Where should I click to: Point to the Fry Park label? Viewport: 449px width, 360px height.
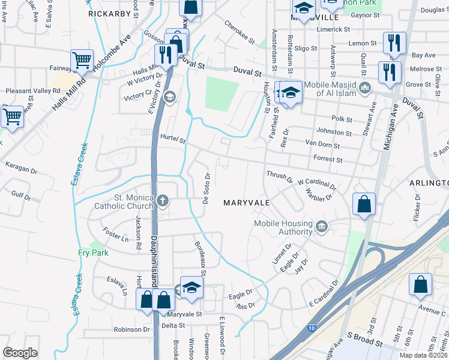93,253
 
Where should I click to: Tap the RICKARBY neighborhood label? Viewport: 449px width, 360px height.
109,13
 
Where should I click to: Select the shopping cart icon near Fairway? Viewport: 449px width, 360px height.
82,60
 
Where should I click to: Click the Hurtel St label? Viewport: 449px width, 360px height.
173,138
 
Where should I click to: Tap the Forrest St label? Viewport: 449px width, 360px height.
328,160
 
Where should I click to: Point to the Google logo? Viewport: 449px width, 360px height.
20,352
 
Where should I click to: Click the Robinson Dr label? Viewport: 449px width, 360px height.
132,329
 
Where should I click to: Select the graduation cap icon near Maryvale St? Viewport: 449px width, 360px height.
191,289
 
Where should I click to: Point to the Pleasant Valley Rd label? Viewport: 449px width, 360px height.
33,91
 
